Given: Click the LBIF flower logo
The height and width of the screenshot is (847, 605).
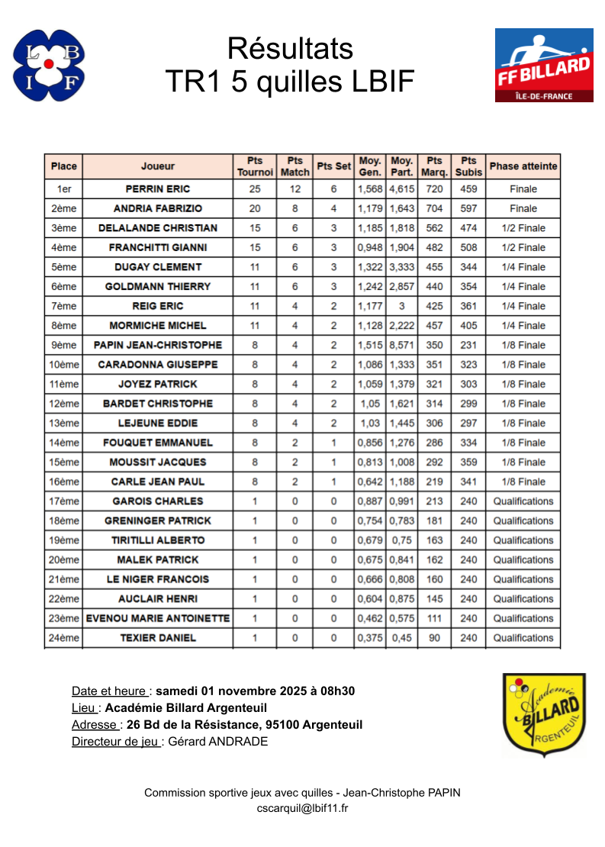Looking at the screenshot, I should click(49, 65).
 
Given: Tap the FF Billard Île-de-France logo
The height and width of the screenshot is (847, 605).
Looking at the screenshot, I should click(544, 65).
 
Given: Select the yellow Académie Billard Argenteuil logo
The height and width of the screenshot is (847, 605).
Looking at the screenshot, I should click(543, 714).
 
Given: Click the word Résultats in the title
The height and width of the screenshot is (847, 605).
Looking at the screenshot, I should click(290, 49).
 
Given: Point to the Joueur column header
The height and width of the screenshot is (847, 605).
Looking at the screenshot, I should click(158, 166).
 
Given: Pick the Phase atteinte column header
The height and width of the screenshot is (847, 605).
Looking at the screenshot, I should click(523, 166).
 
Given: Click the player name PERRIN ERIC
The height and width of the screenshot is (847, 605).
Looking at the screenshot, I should click(158, 189).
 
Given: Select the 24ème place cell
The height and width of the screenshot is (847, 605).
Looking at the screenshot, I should click(64, 638).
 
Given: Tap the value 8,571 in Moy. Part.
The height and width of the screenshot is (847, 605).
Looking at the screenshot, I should click(402, 345).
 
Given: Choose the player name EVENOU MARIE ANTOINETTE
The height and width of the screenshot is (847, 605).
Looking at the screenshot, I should click(158, 618).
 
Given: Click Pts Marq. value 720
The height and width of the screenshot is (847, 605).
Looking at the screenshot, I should click(434, 189).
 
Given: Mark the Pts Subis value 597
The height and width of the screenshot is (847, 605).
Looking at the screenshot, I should click(468, 208).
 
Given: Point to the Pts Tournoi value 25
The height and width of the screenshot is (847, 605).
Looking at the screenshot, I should click(255, 189).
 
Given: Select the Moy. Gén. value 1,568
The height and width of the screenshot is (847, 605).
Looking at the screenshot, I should click(370, 189).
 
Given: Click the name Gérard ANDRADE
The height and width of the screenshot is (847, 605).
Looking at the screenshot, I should click(218, 741).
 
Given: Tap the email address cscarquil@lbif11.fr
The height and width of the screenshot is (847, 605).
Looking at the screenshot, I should click(302, 808).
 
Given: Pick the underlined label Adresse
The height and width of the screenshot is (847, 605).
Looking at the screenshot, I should click(95, 724).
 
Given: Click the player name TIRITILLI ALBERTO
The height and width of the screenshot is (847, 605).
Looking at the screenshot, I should click(158, 540).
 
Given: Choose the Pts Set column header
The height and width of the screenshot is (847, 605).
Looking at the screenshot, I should click(333, 166).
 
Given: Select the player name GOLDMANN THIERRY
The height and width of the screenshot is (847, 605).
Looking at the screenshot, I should click(158, 286).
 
